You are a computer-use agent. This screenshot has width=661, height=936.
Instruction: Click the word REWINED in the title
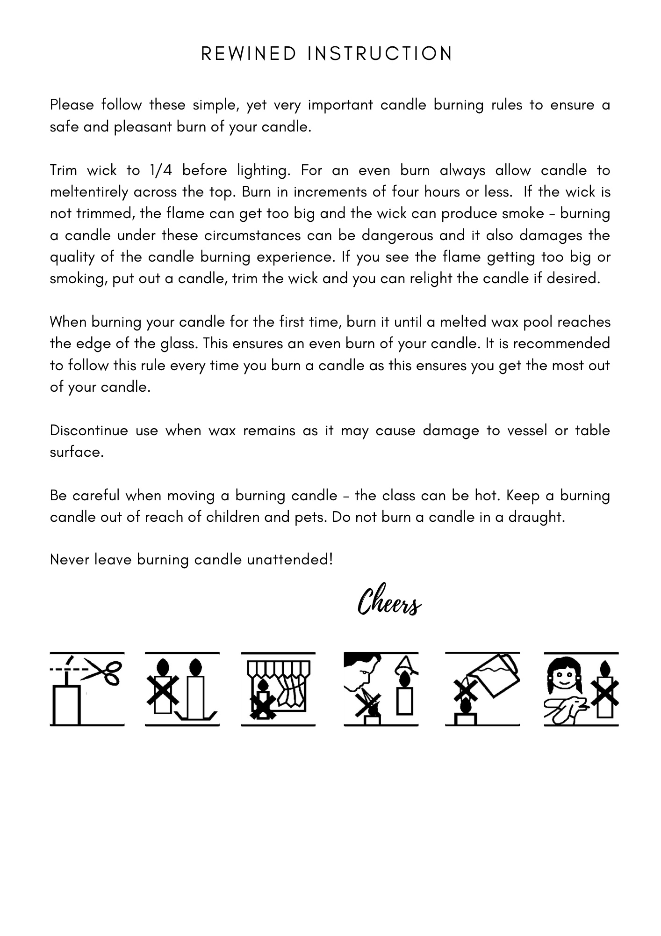click(249, 54)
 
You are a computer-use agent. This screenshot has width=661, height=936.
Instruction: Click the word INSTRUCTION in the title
click(380, 54)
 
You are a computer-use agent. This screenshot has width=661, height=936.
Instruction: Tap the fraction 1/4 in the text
click(161, 170)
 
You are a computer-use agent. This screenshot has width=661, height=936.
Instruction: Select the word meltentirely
click(89, 192)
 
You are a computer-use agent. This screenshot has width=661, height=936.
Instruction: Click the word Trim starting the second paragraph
click(63, 170)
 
